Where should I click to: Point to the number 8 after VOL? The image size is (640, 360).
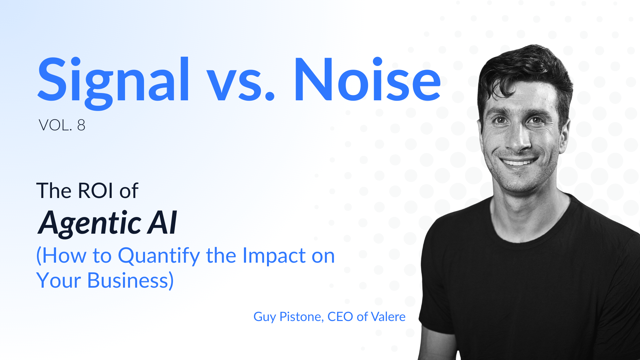pyautogui.click(x=81, y=125)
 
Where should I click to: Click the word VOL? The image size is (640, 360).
pyautogui.click(x=55, y=125)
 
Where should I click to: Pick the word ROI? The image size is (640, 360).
pyautogui.click(x=95, y=191)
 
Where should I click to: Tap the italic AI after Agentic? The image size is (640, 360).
pyautogui.click(x=162, y=222)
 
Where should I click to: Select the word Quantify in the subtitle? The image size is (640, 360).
pyautogui.click(x=159, y=256)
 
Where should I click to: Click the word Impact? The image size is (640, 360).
pyautogui.click(x=274, y=256)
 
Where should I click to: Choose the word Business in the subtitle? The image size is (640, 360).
pyautogui.click(x=130, y=280)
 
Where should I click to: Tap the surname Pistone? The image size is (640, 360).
pyautogui.click(x=301, y=317)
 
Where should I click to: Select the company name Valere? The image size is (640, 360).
pyautogui.click(x=388, y=317)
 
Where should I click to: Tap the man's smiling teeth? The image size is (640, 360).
pyautogui.click(x=519, y=163)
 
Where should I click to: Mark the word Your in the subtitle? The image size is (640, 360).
pyautogui.click(x=59, y=280)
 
